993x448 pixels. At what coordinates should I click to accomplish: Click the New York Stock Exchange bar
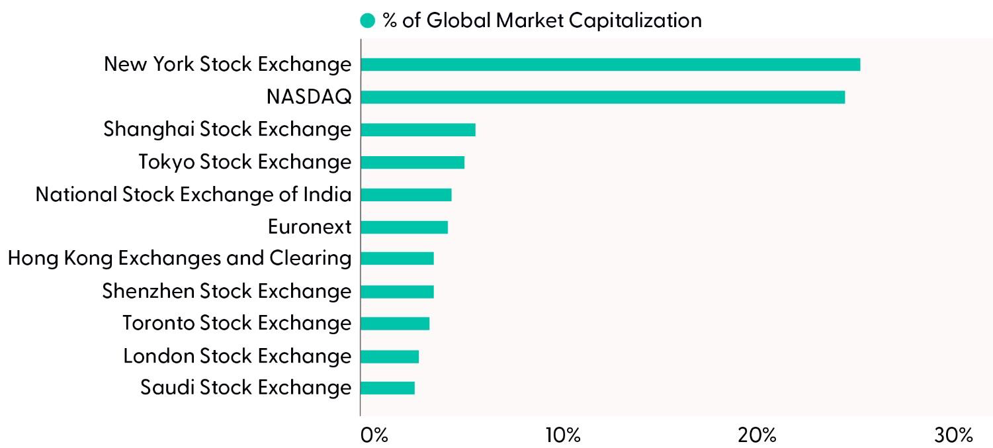(610, 65)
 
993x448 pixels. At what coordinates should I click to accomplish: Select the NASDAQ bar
(603, 97)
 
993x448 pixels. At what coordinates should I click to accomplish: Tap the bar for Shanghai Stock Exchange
(418, 130)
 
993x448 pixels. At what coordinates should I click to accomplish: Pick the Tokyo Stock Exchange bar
(413, 162)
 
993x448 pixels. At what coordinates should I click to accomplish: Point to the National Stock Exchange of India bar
(406, 195)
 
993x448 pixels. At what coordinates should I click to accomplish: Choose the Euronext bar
(404, 227)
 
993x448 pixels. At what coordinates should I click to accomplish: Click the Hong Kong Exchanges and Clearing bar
(397, 259)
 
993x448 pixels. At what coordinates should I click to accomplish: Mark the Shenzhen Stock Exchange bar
(397, 291)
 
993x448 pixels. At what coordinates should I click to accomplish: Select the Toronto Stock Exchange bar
(395, 324)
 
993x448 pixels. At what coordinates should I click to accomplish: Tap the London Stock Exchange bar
(390, 356)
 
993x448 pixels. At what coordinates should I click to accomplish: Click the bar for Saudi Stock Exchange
(388, 388)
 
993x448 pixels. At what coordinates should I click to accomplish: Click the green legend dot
(367, 21)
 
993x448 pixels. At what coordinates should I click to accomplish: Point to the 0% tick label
(374, 435)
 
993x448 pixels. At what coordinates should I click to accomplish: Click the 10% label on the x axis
(563, 435)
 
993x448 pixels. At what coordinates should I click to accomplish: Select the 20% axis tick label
(758, 435)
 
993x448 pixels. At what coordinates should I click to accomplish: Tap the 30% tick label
(953, 435)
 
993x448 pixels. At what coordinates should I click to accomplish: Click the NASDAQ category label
(308, 97)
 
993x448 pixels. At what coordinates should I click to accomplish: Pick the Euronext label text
(309, 227)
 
